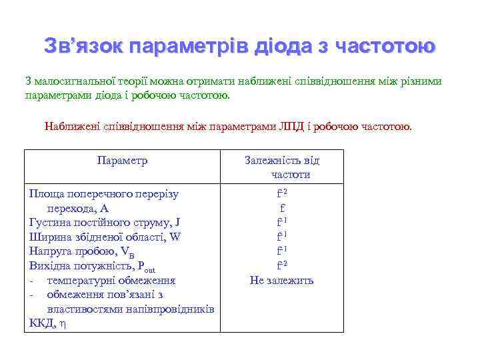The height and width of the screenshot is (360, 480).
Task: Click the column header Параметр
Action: pos(122,161)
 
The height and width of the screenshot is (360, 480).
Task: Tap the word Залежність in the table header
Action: pos(273,161)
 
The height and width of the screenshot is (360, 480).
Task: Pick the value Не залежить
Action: pos(281,280)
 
